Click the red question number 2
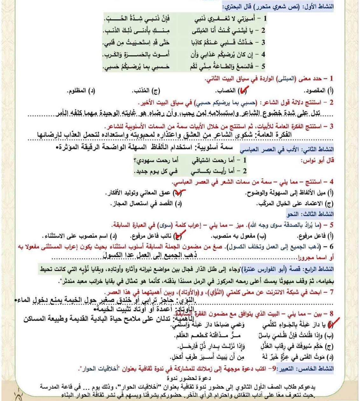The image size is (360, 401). tap(331, 103)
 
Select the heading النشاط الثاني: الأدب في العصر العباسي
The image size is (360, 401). tap(287, 149)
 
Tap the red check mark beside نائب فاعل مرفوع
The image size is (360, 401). tap(179, 236)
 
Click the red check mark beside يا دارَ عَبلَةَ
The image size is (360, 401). tap(331, 324)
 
